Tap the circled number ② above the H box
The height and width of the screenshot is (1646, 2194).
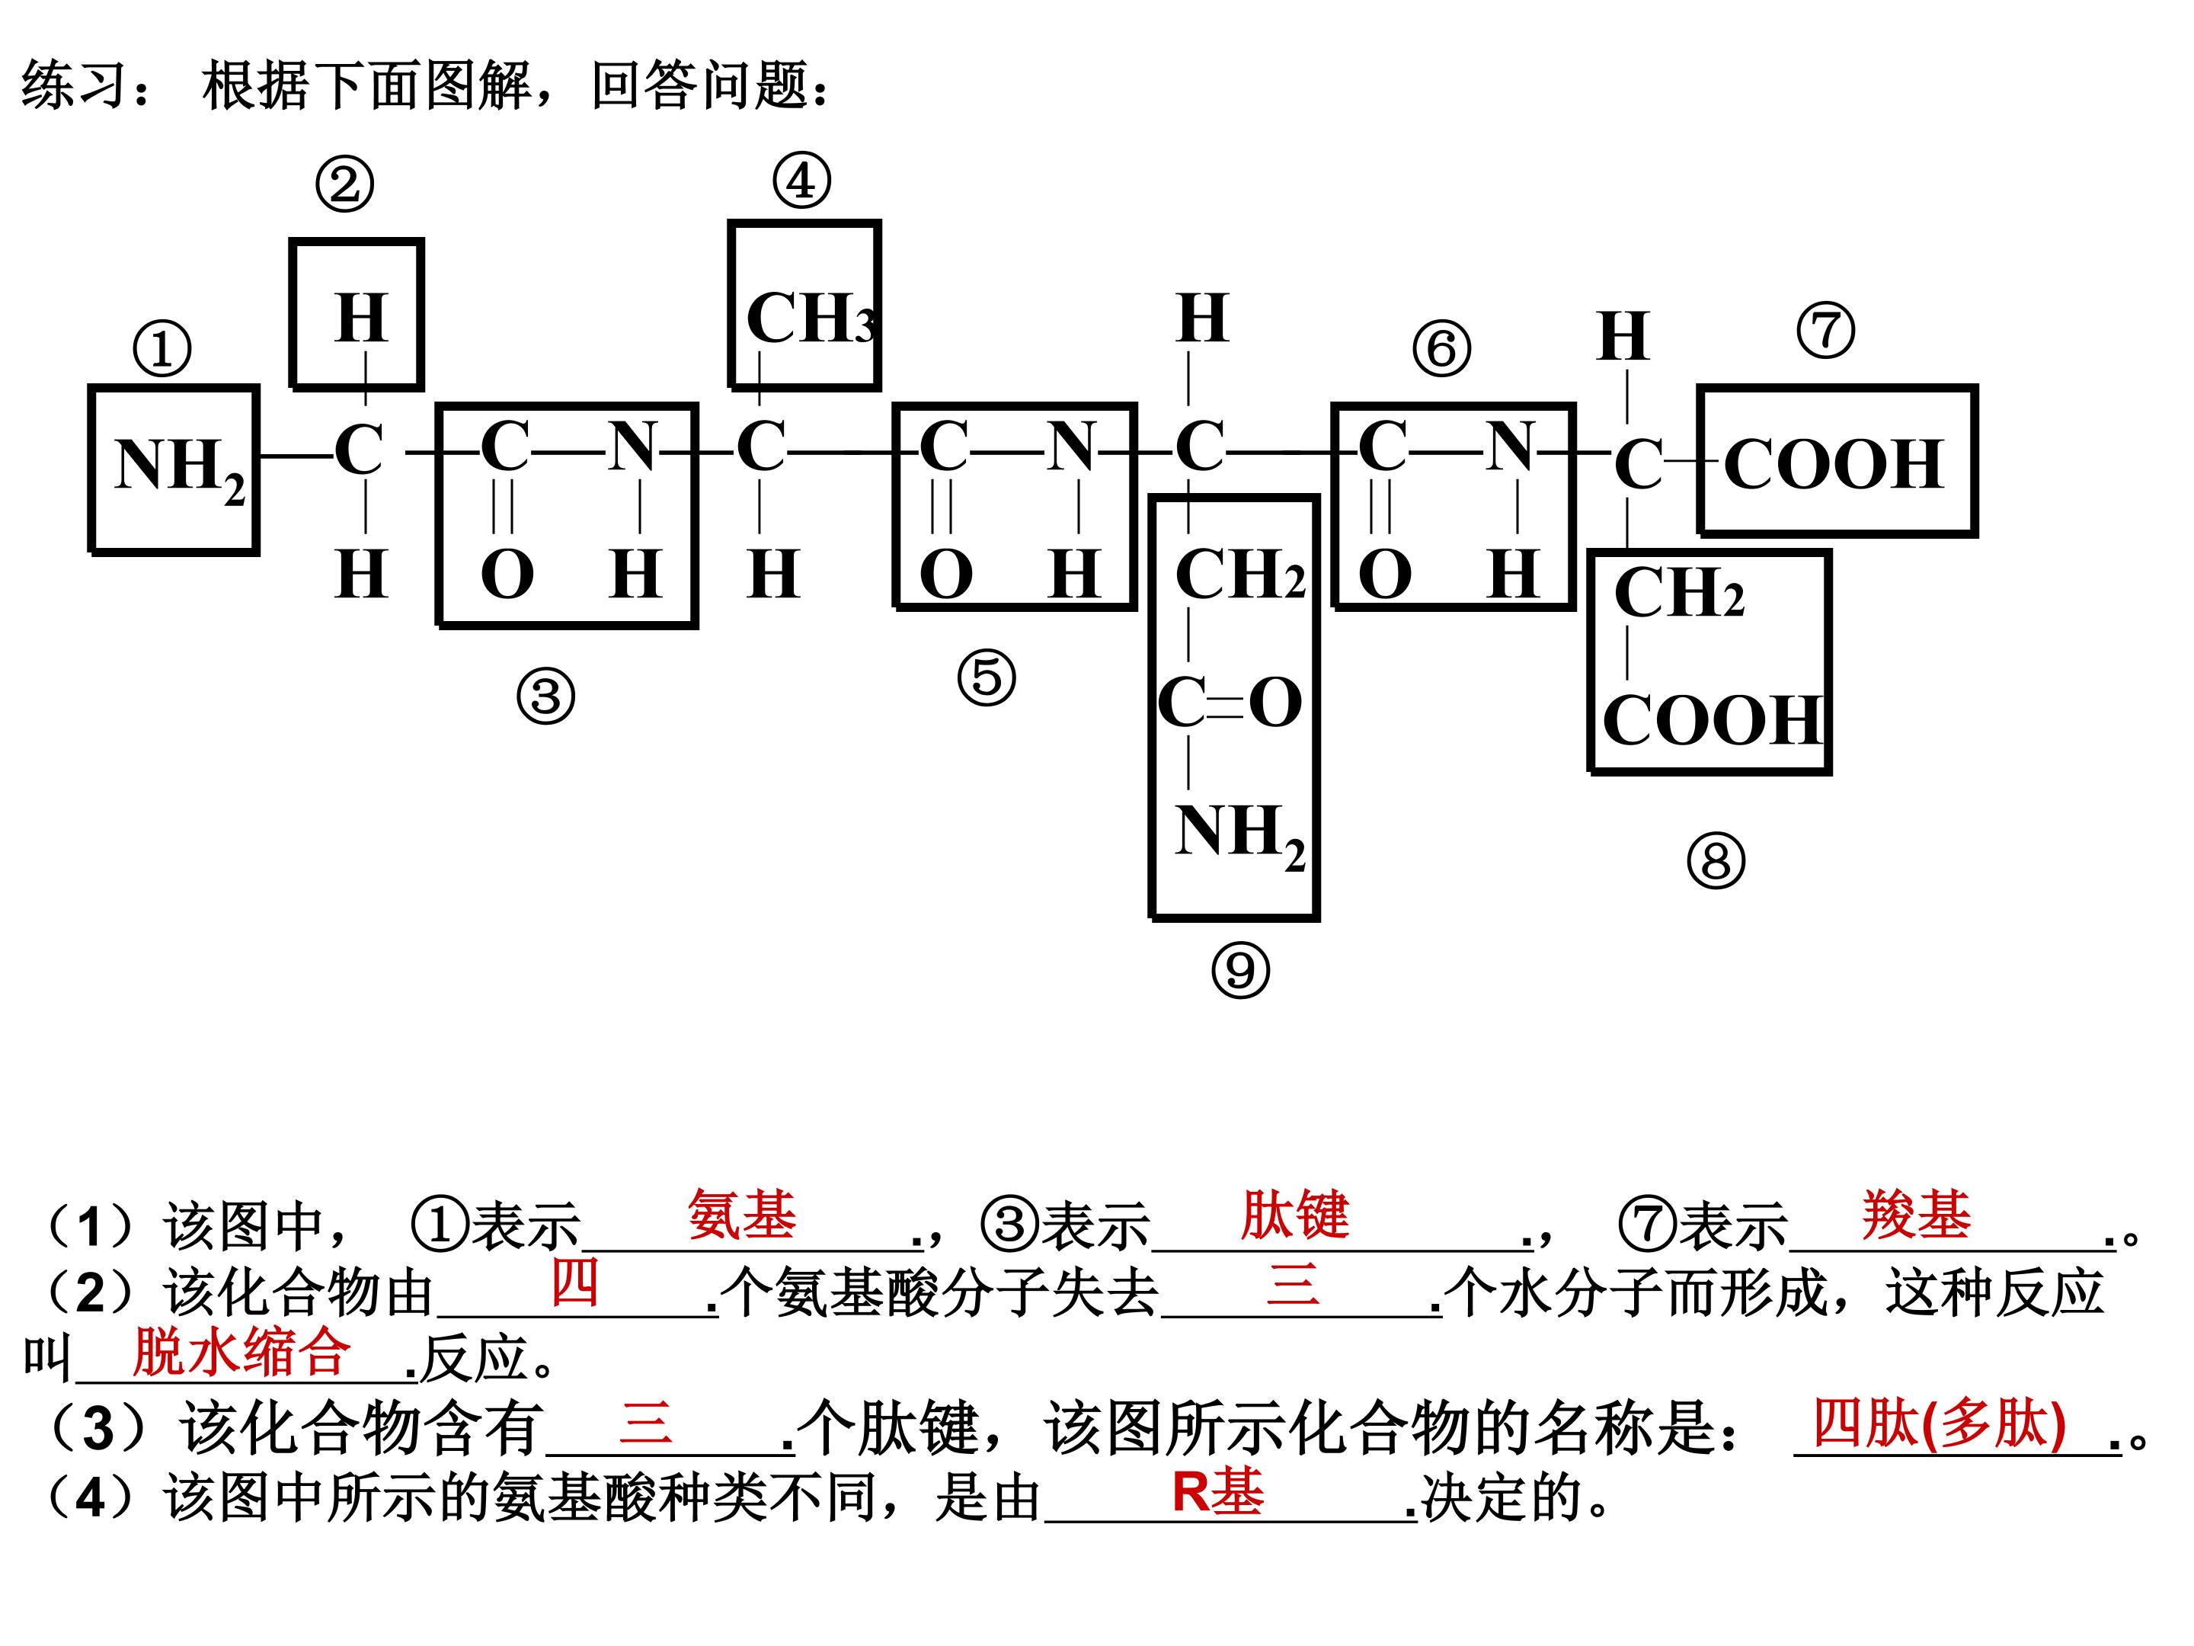point(344,184)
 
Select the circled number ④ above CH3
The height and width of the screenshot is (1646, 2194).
point(801,181)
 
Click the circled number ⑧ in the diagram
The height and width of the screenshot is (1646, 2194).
point(1716,860)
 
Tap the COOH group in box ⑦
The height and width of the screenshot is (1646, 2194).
point(1833,463)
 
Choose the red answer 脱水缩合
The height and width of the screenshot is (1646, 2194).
point(241,1350)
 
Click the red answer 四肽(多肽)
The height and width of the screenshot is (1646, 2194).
point(1939,1423)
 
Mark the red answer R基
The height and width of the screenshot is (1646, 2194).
point(1217,1491)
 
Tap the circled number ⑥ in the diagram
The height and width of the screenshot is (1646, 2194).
point(1441,348)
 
